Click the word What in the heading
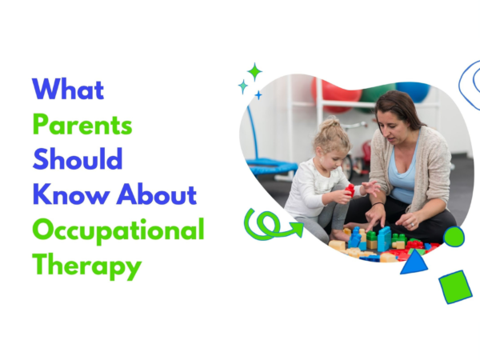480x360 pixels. [x=68, y=89]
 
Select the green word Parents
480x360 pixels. [x=82, y=125]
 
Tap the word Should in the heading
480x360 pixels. [x=78, y=159]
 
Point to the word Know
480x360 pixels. [x=71, y=194]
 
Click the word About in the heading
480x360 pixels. [x=157, y=194]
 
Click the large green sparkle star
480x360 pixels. [x=254, y=72]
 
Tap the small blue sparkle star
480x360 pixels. [x=258, y=95]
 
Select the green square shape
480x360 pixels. [x=455, y=287]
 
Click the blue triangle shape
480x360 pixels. [x=414, y=262]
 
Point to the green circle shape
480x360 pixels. [x=454, y=236]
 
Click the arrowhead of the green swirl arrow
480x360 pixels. [x=298, y=229]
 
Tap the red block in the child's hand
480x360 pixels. [x=350, y=190]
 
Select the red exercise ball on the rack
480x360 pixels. [x=336, y=94]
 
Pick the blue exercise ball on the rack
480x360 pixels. [x=414, y=91]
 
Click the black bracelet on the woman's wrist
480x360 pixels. [x=378, y=203]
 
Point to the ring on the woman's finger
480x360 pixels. [x=412, y=225]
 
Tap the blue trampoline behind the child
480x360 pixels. [x=272, y=166]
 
